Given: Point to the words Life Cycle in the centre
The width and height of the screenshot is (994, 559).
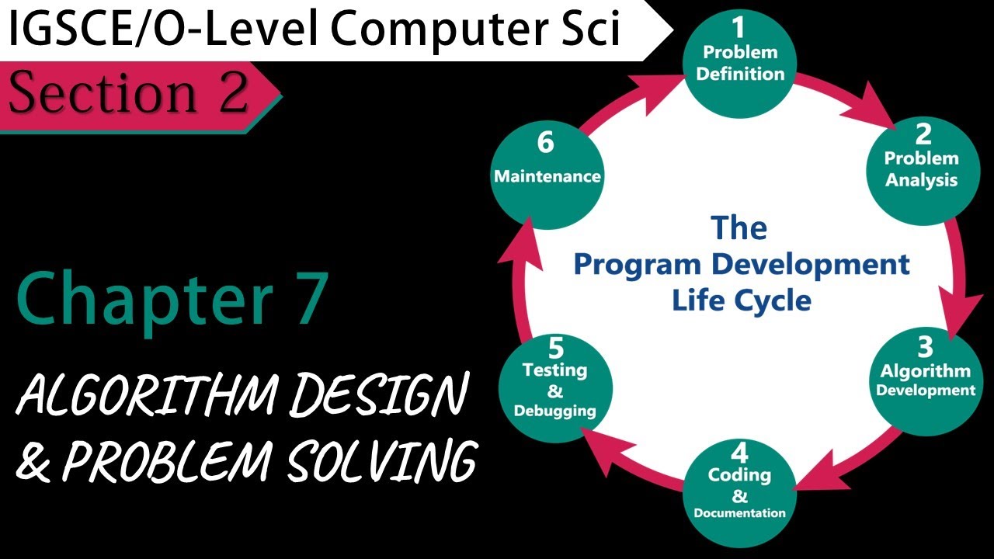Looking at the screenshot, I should pos(741,300).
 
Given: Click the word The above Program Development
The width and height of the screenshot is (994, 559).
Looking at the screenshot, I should pos(739,228).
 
